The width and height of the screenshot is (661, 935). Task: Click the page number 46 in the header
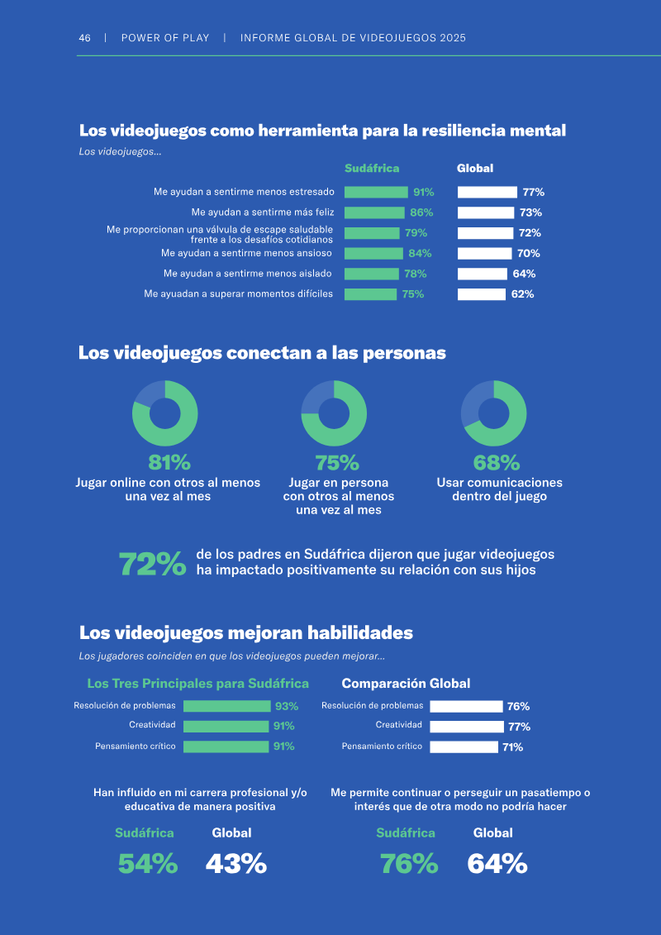pyautogui.click(x=84, y=38)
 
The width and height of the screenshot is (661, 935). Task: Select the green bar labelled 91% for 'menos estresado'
pyautogui.click(x=376, y=192)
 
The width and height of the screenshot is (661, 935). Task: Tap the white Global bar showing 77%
pyautogui.click(x=487, y=192)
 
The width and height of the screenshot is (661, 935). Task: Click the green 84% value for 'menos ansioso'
pyautogui.click(x=420, y=254)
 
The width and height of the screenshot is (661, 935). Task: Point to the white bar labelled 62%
pyautogui.click(x=482, y=294)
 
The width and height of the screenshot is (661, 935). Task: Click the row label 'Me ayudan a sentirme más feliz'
pyautogui.click(x=263, y=212)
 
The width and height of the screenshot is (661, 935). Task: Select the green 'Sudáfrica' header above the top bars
pyautogui.click(x=372, y=169)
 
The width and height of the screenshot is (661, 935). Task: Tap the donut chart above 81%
pyautogui.click(x=165, y=413)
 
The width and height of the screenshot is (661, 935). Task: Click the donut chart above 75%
pyautogui.click(x=334, y=413)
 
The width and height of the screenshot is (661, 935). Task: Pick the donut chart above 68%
pyautogui.click(x=493, y=413)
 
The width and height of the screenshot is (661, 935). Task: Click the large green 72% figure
pyautogui.click(x=153, y=565)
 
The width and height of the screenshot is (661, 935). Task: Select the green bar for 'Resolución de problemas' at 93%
pyautogui.click(x=226, y=707)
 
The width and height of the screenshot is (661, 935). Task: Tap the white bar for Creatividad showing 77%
pyautogui.click(x=467, y=727)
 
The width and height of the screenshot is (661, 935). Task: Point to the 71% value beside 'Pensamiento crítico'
pyautogui.click(x=512, y=747)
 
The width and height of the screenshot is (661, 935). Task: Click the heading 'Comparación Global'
pyautogui.click(x=406, y=684)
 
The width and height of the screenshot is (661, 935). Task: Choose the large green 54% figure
pyautogui.click(x=147, y=863)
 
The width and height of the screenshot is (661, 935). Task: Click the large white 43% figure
pyautogui.click(x=236, y=863)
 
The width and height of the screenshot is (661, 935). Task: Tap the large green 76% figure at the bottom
pyautogui.click(x=410, y=863)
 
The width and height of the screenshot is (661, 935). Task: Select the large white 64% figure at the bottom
pyautogui.click(x=497, y=863)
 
